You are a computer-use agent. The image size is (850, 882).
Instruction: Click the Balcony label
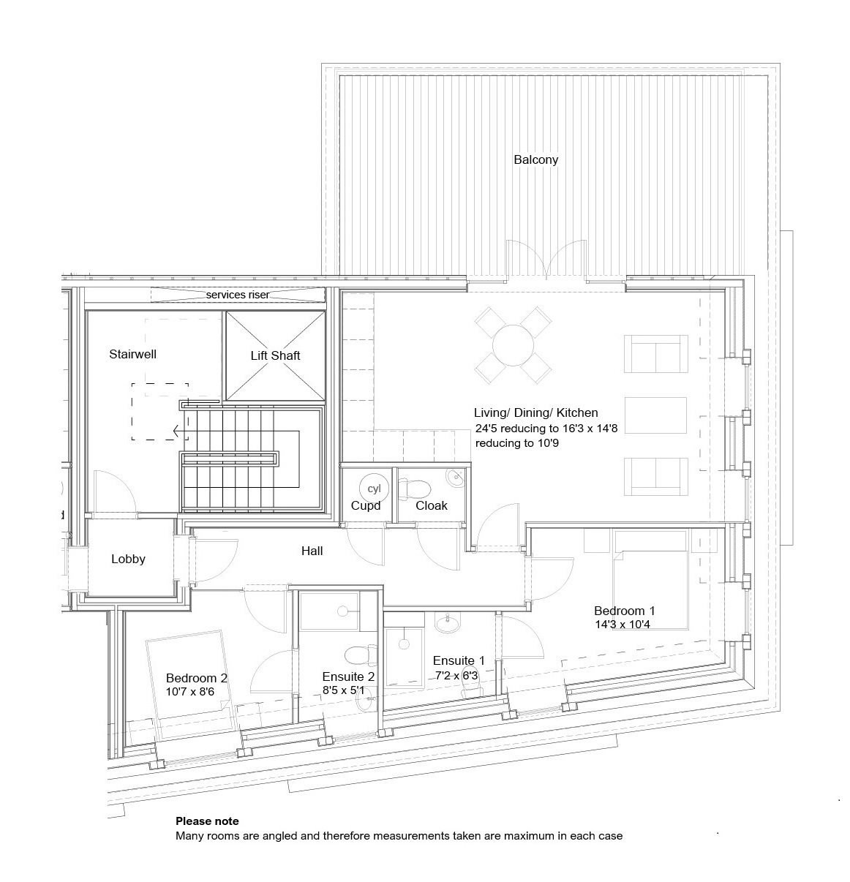(535, 159)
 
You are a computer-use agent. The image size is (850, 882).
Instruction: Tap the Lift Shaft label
(275, 355)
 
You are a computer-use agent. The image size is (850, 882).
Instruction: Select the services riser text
(238, 295)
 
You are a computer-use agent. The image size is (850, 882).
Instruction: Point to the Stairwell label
(132, 354)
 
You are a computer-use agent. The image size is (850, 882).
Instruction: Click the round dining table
(514, 345)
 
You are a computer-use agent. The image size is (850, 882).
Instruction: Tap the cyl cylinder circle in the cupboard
(374, 488)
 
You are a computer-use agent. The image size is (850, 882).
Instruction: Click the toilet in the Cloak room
(415, 489)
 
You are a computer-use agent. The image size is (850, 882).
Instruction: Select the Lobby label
(128, 559)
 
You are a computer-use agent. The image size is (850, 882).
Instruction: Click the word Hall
(312, 551)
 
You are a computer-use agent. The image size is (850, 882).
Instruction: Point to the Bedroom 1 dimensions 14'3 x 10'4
(623, 624)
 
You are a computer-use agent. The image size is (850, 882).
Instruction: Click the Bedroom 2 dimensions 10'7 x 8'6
(190, 692)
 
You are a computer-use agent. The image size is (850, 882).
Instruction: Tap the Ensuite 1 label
(459, 660)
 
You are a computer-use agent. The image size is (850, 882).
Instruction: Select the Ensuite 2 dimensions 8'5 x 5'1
(344, 690)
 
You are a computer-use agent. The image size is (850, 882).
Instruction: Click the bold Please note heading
(207, 821)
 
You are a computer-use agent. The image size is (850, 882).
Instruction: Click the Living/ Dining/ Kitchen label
(536, 412)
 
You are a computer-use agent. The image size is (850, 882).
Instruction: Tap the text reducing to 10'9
(516, 442)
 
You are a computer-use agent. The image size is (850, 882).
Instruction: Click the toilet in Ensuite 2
(359, 655)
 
